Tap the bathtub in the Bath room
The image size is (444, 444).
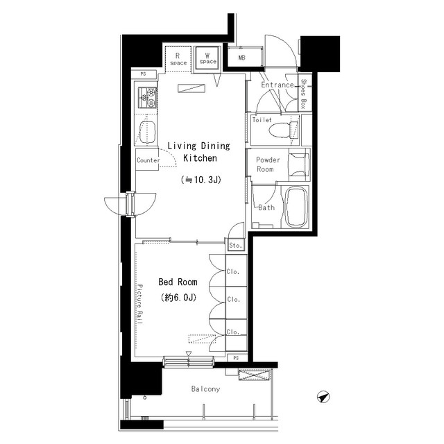296,206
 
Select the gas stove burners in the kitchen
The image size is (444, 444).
148,97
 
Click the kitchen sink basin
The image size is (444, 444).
148,132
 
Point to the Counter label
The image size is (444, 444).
148,160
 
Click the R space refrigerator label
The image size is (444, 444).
178,59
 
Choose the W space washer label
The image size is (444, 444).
208,58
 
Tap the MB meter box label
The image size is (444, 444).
241,58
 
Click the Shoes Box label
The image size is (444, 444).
303,94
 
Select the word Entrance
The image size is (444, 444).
277,85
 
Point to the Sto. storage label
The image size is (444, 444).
236,245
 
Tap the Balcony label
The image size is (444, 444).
205,389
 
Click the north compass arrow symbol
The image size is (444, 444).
323,397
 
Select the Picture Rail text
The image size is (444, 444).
140,304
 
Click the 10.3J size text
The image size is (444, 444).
200,180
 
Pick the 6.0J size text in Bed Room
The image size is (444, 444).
178,298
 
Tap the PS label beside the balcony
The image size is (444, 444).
236,358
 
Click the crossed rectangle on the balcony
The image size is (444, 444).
255,375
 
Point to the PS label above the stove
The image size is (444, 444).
144,74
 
